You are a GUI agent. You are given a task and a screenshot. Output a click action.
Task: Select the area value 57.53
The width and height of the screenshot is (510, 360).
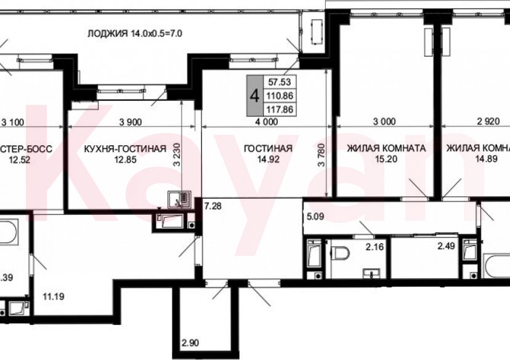[278, 81]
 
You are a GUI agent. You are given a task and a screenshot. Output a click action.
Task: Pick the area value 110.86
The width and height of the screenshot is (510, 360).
[278, 95]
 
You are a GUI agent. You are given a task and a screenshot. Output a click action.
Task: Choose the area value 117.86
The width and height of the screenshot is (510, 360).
[278, 110]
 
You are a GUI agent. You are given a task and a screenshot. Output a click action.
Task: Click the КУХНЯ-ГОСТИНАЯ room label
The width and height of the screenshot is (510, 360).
[125, 148]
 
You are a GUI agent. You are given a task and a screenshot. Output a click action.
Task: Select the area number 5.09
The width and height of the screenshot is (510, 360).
[314, 217]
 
